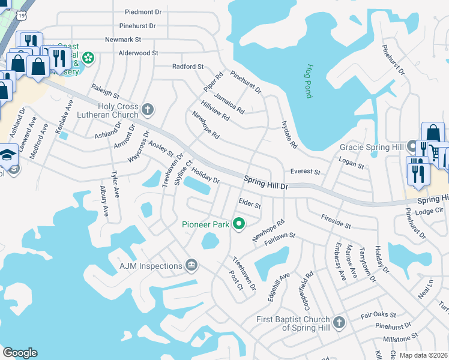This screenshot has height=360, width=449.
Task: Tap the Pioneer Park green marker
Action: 238,224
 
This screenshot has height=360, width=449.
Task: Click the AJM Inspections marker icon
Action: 191,265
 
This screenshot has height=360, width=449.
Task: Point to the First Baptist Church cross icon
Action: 338,323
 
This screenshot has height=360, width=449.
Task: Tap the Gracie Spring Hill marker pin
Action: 412,146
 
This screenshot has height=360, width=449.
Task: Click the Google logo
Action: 20,352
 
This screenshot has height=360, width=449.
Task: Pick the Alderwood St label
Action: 138,53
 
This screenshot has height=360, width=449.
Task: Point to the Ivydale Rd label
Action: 289,136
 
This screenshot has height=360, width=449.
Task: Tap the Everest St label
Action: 305,172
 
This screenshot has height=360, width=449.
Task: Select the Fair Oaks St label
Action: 378,314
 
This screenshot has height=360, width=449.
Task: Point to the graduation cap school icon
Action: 8,154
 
